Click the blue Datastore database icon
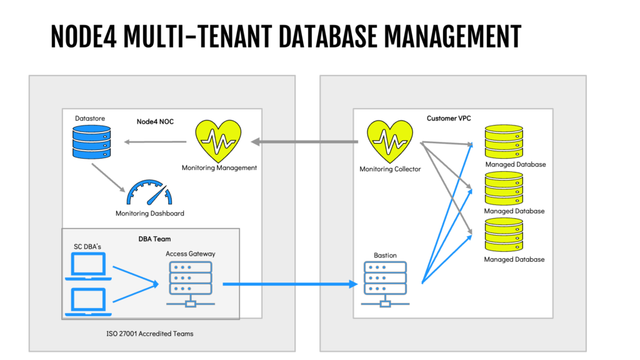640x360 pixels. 92,142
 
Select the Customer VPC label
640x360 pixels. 449,118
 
